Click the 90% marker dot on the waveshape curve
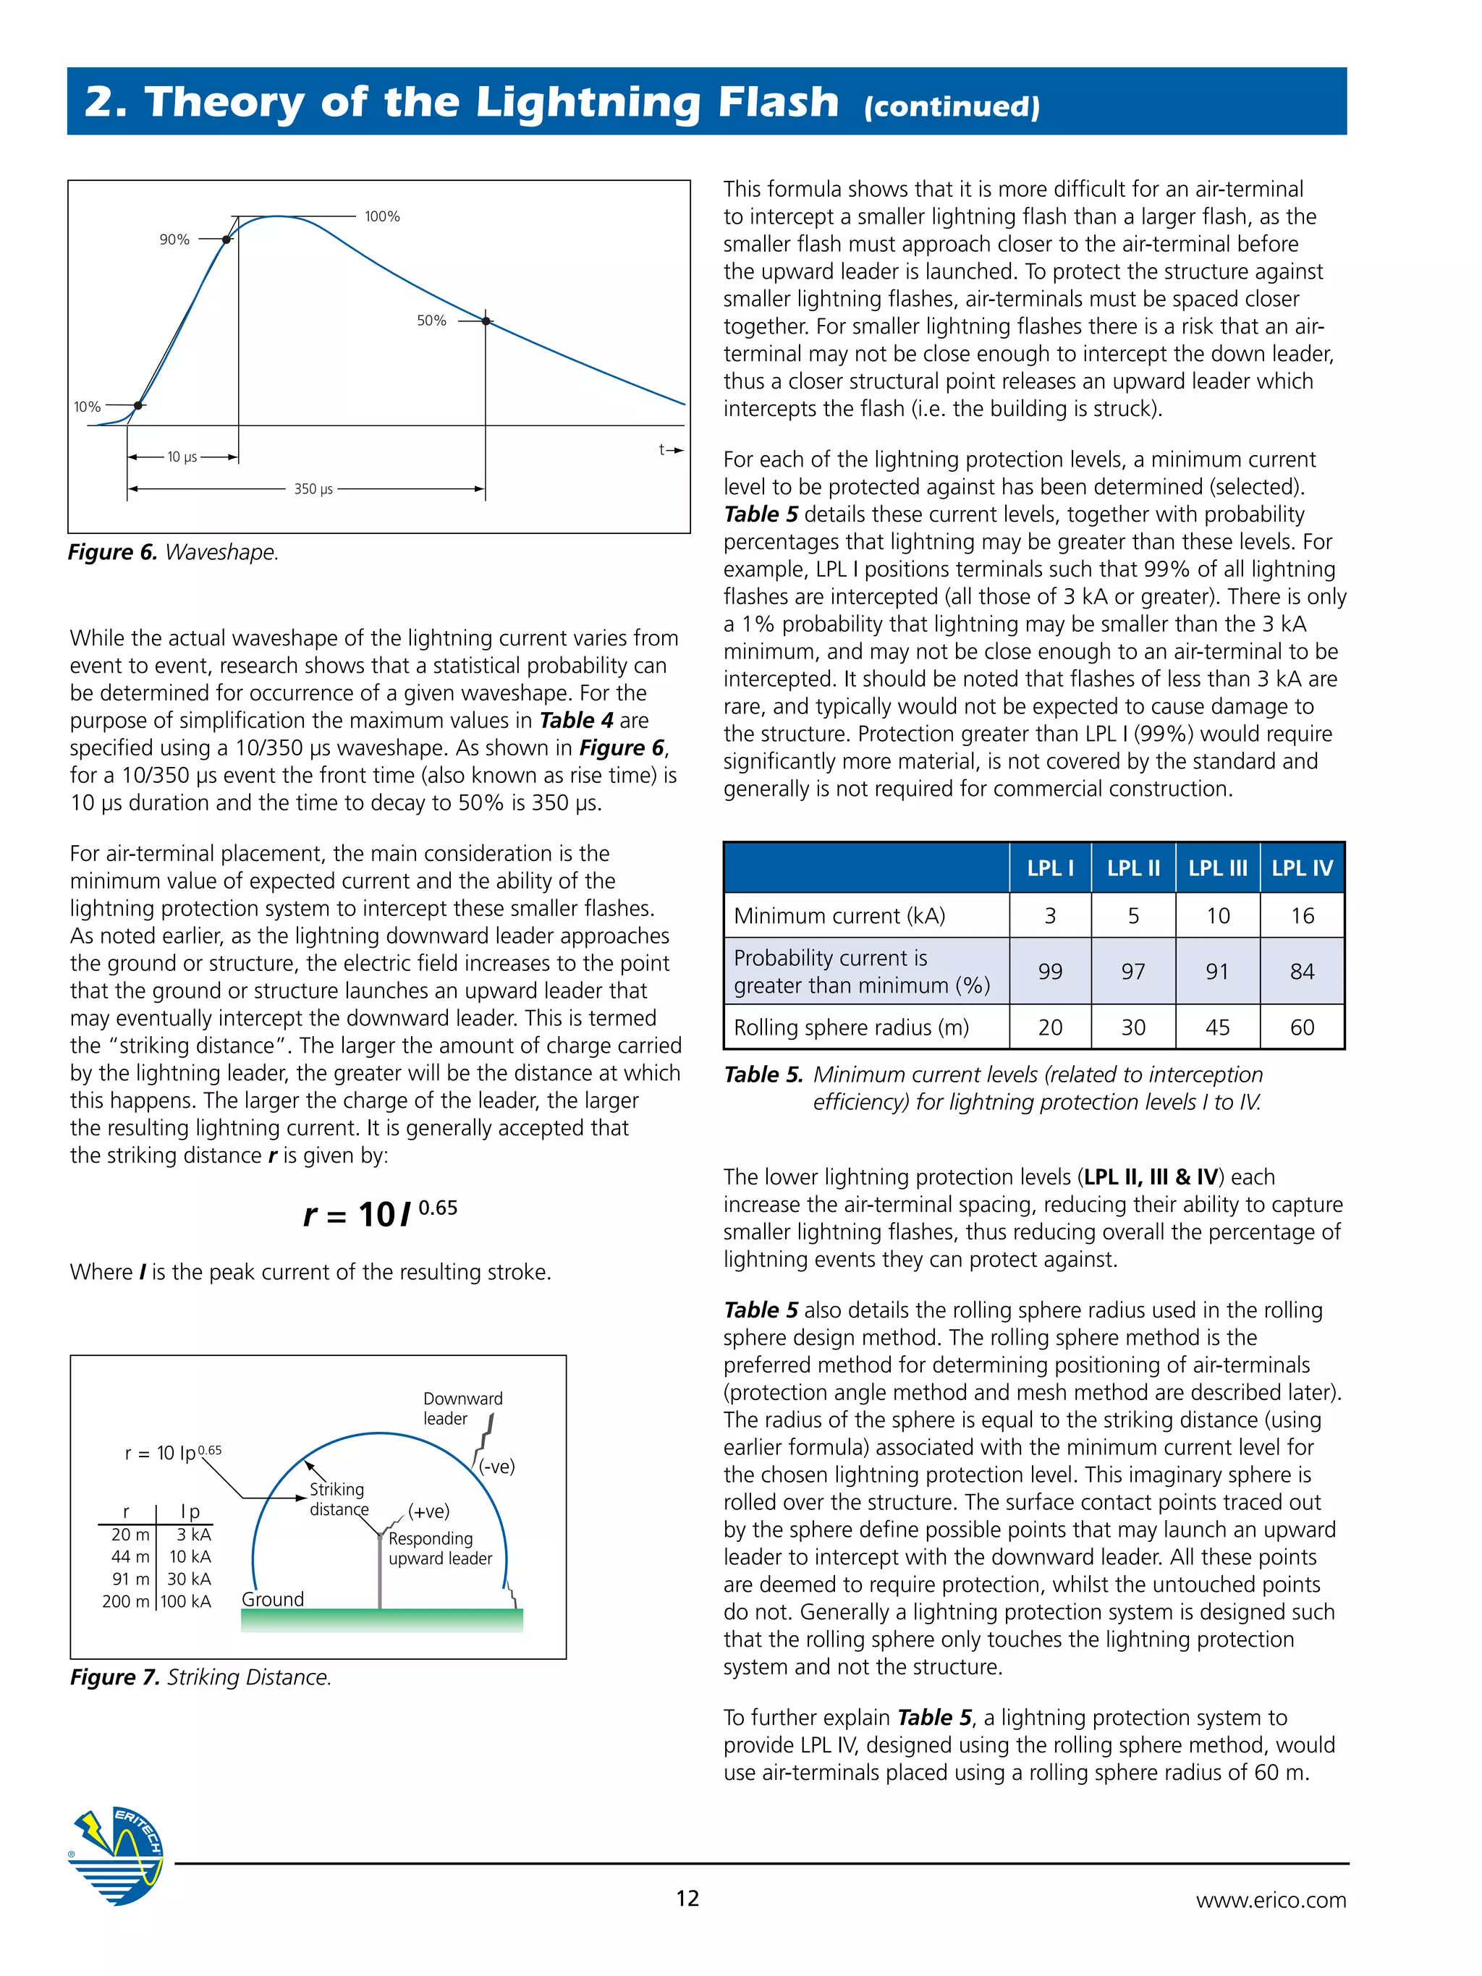(x=227, y=239)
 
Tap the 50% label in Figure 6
(x=431, y=321)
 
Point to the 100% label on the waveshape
(x=382, y=216)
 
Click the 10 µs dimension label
(x=182, y=457)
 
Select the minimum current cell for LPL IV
(x=1302, y=915)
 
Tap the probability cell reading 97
(x=1132, y=971)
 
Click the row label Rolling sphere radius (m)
(x=850, y=1027)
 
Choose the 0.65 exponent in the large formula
(x=438, y=1208)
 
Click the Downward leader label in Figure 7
(x=462, y=1408)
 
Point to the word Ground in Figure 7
(x=273, y=1599)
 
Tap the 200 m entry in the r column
(x=126, y=1600)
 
